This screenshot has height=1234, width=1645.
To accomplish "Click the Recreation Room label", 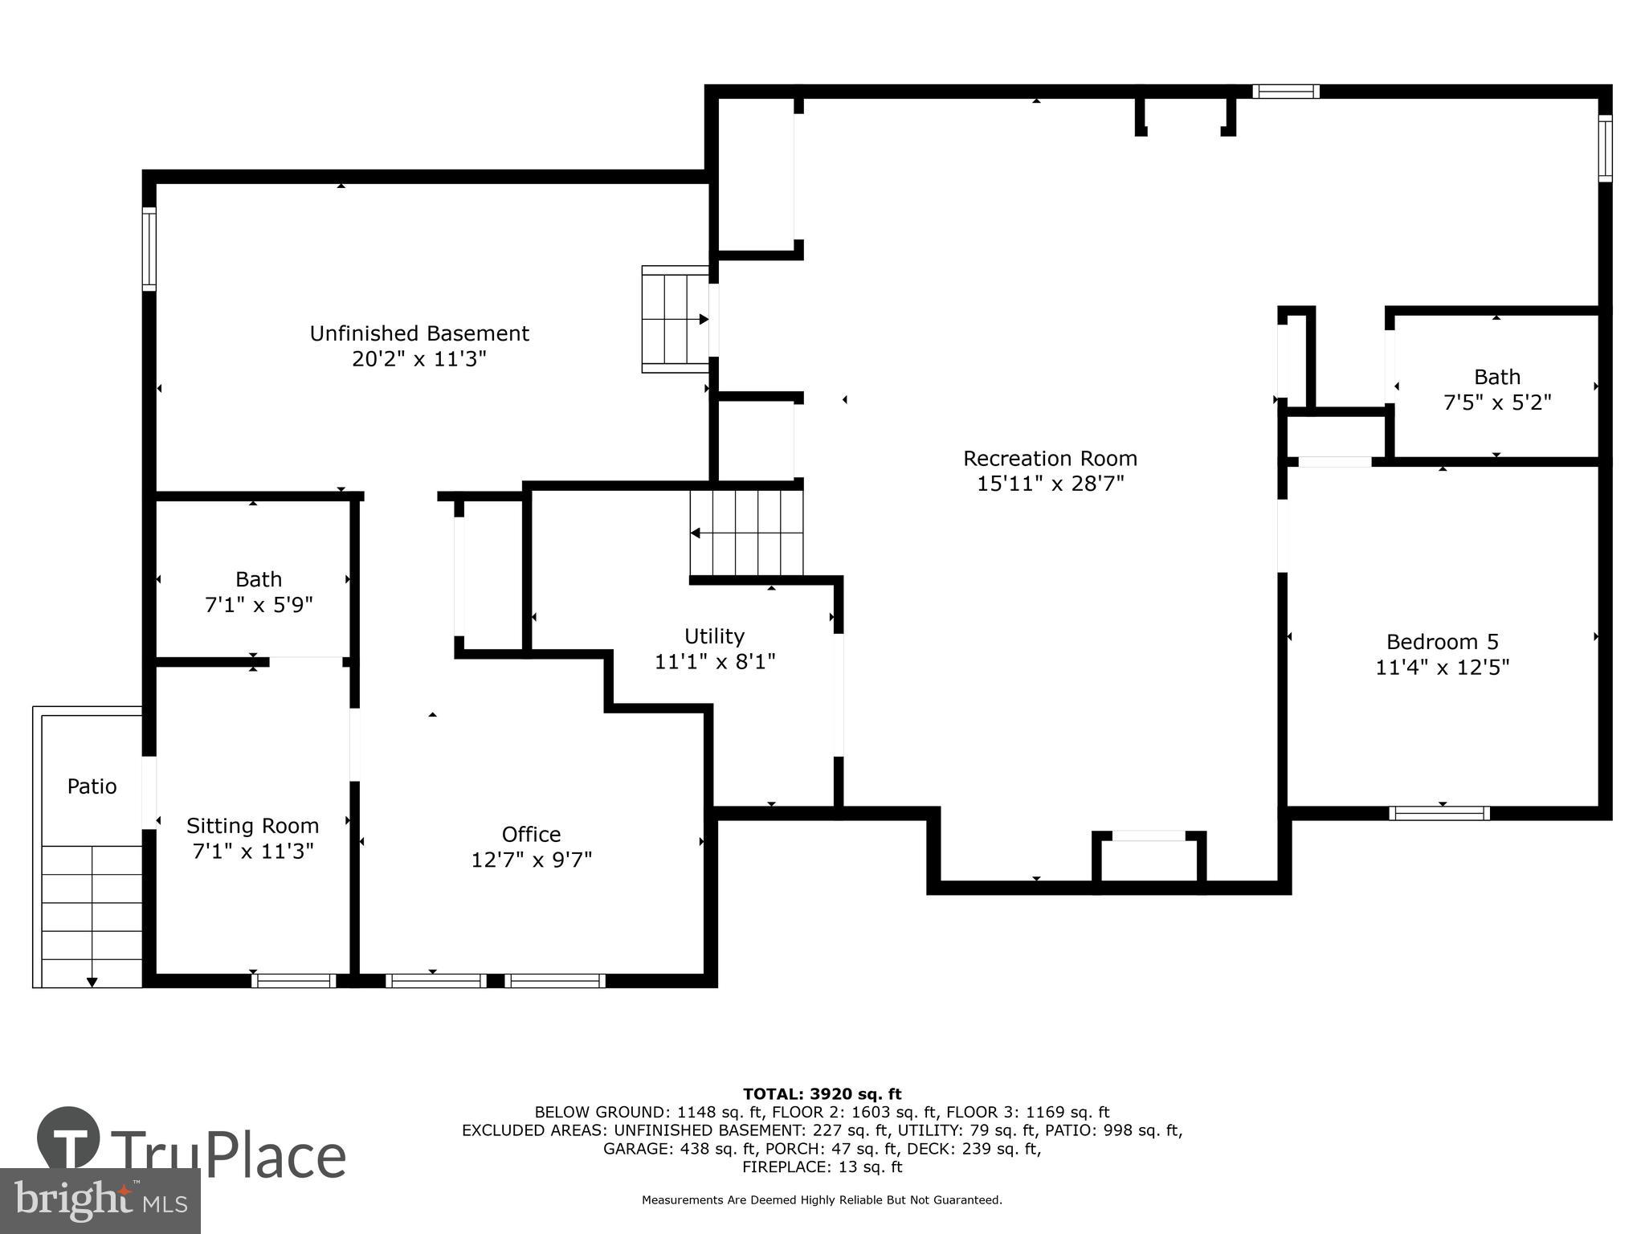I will (1050, 459).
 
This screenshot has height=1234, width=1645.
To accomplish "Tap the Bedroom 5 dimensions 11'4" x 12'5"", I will (1442, 668).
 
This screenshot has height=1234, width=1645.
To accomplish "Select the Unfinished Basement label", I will (419, 333).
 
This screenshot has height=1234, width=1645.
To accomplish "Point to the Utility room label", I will (714, 636).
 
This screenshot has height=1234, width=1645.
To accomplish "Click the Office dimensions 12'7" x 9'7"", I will (531, 860).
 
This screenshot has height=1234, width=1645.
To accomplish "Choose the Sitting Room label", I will (252, 826).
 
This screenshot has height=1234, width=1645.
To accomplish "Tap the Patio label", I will (92, 787).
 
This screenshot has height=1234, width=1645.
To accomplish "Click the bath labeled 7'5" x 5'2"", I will (1496, 389).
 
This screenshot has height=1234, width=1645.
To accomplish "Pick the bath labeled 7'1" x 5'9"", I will (259, 591).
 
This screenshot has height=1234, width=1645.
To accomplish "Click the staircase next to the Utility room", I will (746, 533).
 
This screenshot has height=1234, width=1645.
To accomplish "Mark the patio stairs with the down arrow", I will (92, 916).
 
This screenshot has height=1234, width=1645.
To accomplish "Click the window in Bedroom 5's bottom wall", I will (1439, 814).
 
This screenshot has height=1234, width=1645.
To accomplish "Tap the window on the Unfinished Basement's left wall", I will (149, 249).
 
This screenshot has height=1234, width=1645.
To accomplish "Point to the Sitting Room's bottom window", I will (293, 981).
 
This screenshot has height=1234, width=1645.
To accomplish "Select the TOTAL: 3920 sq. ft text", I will (822, 1094).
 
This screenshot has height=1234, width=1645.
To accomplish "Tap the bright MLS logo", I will (100, 1201).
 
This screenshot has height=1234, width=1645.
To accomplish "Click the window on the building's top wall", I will (1285, 92).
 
